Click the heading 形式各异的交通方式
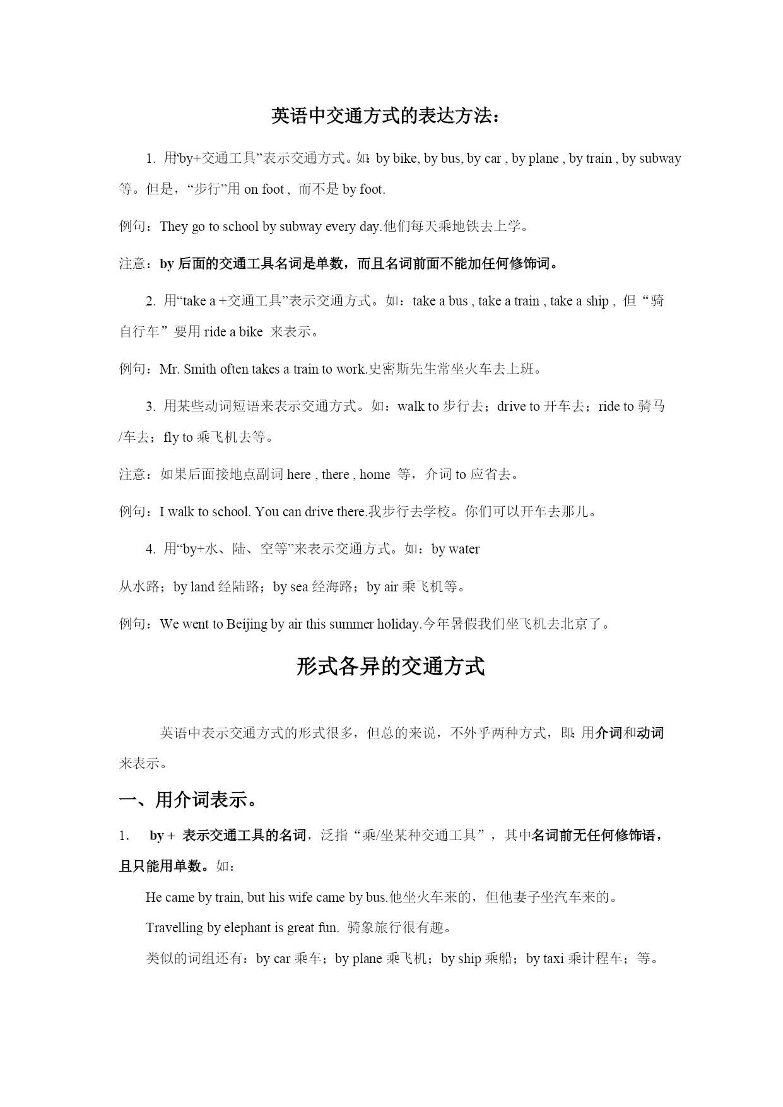coord(391,666)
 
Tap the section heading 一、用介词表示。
coord(189,800)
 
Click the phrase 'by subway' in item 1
coord(651,158)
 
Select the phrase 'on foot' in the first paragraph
coord(264,189)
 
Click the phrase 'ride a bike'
coord(233,332)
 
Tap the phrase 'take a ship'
coord(579,301)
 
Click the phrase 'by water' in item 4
coord(456,549)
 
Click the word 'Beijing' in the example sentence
coord(247,624)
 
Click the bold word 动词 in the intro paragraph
coord(650,733)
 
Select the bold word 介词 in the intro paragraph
coord(609,733)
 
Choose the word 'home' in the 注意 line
coord(375,475)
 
